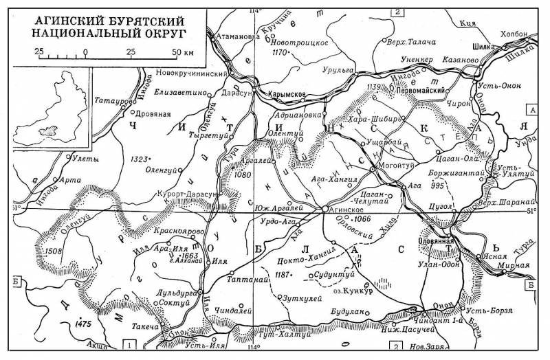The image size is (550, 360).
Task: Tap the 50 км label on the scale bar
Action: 182,52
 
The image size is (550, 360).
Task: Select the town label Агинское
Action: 351,211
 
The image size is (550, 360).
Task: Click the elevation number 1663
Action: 184,254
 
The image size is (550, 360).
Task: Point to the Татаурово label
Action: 110,101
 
